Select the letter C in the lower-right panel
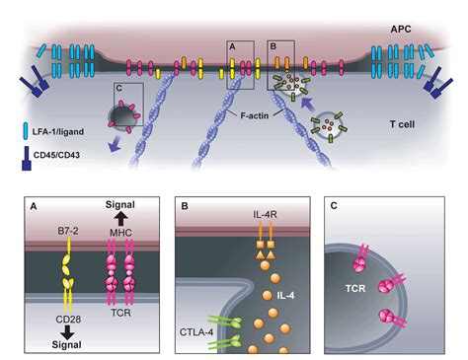pos(333,206)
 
